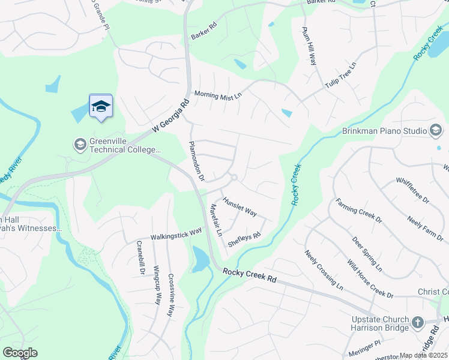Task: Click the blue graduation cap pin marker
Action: [101, 107]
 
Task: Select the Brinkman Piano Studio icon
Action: [436, 130]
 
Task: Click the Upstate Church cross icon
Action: [418, 324]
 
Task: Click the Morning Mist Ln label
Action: [217, 95]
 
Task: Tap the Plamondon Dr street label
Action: [197, 161]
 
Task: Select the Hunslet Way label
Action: [240, 206]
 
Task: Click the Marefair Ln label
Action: [216, 220]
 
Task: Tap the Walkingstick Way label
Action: [176, 233]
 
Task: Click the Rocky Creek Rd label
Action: [249, 275]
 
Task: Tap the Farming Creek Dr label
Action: [358, 211]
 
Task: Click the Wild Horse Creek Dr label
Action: [370, 278]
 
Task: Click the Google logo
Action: [20, 353]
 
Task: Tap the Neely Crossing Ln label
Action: [323, 270]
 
